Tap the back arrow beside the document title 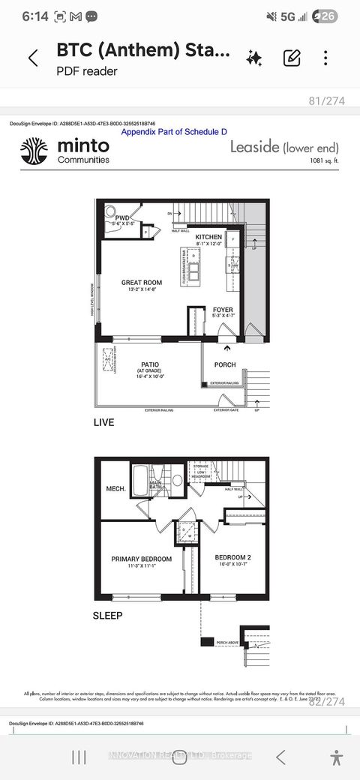pos(33,58)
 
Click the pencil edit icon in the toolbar pos(292,58)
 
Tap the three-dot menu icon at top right pos(325,58)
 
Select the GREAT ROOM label pos(142,283)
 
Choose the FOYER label pos(223,309)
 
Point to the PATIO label pos(147,364)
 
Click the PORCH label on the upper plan pos(225,365)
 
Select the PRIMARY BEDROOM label pos(142,559)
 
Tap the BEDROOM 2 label pos(232,558)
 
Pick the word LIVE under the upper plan pos(103,422)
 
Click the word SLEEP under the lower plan pos(107,615)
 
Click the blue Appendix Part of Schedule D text pos(174,131)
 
